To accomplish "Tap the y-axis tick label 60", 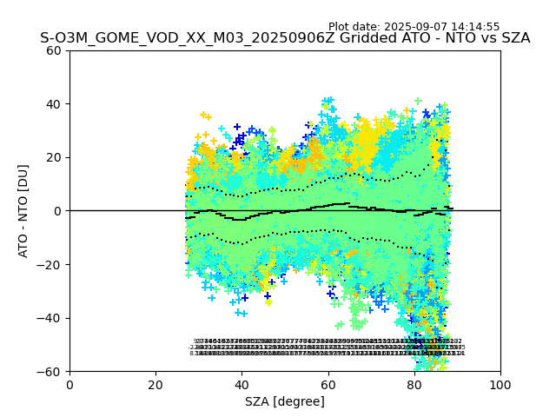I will pyautogui.click(x=55, y=50).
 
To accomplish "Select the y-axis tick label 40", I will pyautogui.click(x=55, y=104).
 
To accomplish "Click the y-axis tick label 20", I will pyautogui.click(x=55, y=157).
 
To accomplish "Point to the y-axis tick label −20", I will pyautogui.click(x=51, y=264).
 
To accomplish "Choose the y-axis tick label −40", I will pyautogui.click(x=51, y=318).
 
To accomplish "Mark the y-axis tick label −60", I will pyautogui.click(x=51, y=371).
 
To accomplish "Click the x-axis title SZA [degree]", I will pyautogui.click(x=285, y=401).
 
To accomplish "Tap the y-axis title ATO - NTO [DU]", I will pyautogui.click(x=24, y=211).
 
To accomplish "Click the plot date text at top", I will pyautogui.click(x=414, y=27).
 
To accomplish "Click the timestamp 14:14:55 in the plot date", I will pyautogui.click(x=473, y=27).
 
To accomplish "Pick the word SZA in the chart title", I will pyautogui.click(x=514, y=38).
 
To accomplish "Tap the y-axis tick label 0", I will pyautogui.click(x=58, y=211).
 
